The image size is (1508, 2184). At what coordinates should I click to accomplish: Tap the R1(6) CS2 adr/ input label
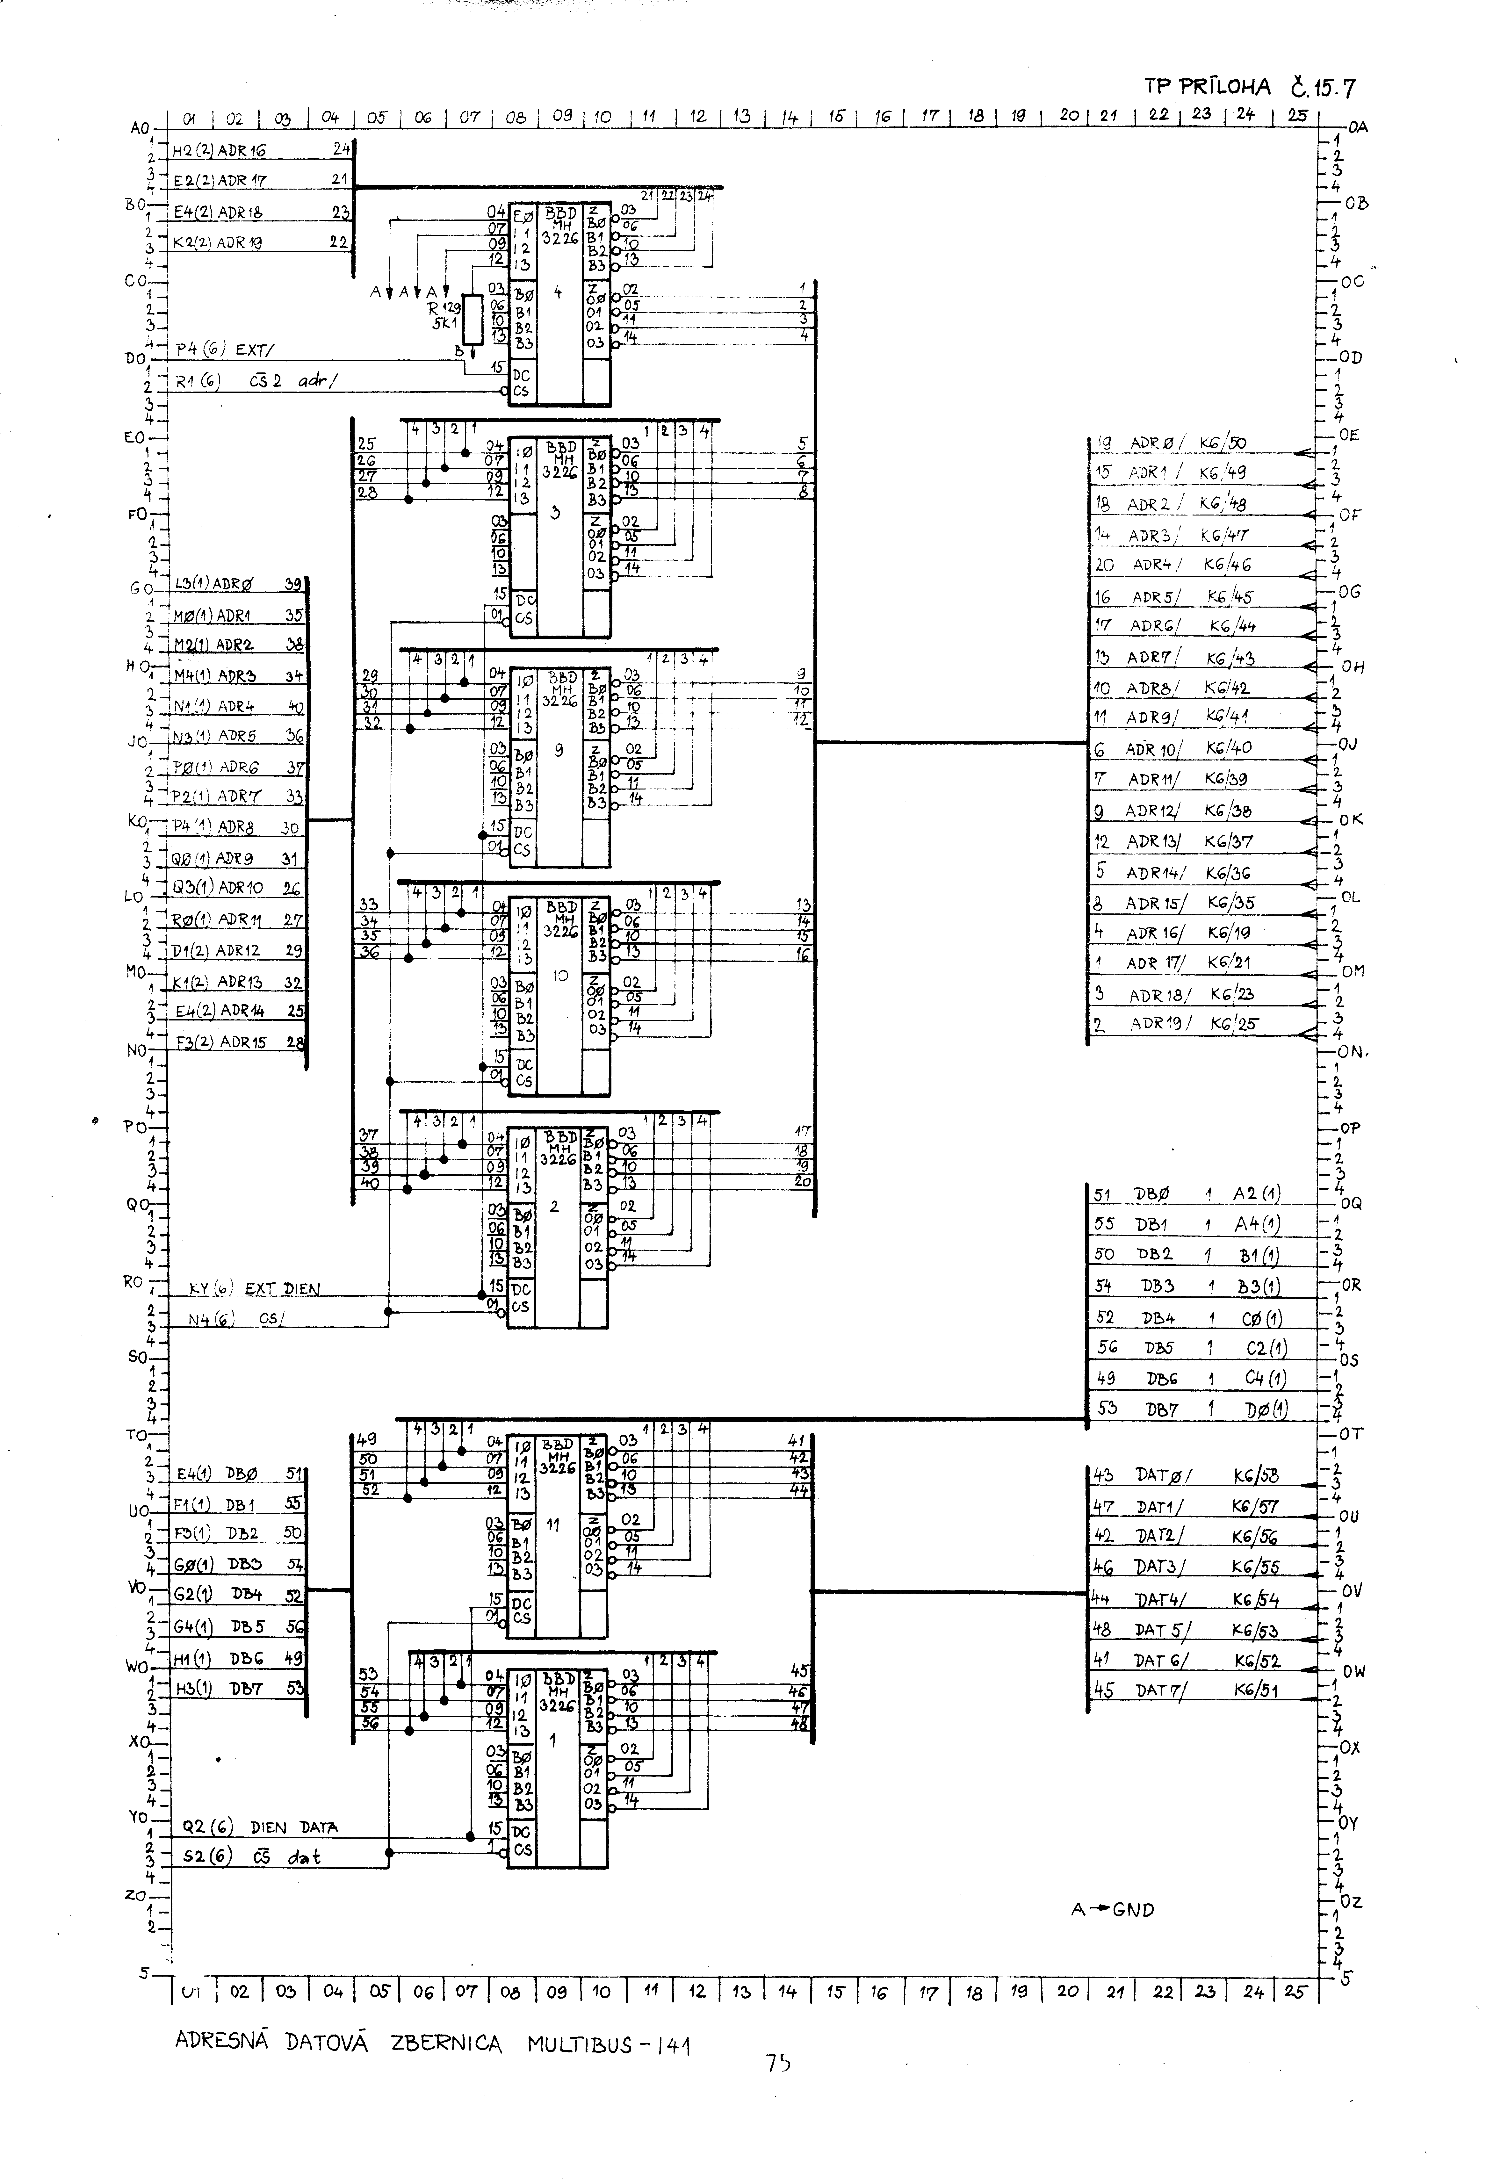255,382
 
